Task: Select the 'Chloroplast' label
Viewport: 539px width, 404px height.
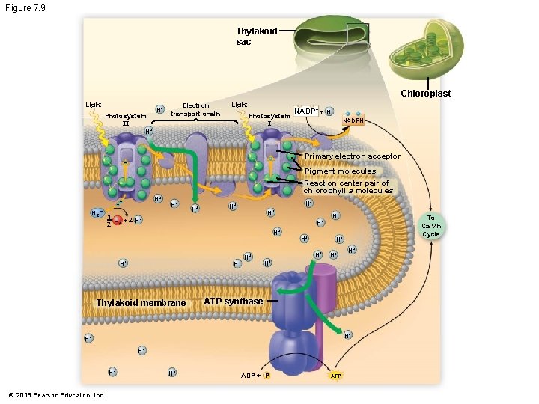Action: tap(425, 94)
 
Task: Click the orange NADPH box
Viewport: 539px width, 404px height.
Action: tap(353, 121)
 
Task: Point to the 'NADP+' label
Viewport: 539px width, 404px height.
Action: tap(306, 111)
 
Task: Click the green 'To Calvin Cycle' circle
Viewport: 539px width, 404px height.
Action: tap(431, 225)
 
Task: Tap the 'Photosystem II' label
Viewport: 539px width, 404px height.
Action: tap(126, 120)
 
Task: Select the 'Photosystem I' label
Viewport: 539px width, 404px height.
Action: tap(269, 120)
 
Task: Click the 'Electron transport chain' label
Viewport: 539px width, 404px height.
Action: tap(195, 110)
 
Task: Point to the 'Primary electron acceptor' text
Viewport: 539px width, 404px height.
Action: tap(352, 156)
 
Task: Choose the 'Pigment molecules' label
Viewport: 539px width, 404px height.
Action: tap(340, 171)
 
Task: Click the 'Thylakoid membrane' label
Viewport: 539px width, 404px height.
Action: tap(141, 302)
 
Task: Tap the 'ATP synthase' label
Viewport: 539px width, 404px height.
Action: tap(234, 302)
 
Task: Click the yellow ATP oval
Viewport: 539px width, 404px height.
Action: tap(336, 376)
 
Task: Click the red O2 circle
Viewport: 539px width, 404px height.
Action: tap(118, 220)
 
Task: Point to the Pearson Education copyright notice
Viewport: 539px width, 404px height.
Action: tap(56, 395)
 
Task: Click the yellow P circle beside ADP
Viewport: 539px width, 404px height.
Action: tap(267, 376)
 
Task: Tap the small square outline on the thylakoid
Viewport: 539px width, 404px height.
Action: tap(357, 34)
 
